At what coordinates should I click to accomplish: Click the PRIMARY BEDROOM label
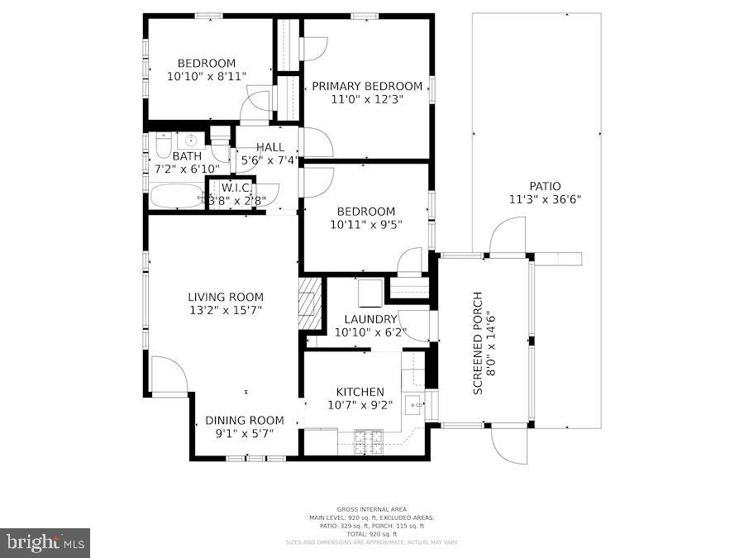[x=367, y=86]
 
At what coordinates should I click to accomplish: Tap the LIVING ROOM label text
[x=226, y=298]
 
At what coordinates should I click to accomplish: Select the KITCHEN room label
[x=360, y=392]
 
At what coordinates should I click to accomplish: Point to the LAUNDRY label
[x=371, y=319]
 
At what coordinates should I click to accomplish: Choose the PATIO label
[x=545, y=186]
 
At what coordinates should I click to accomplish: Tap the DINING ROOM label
[x=245, y=420]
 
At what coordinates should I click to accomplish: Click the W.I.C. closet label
[x=236, y=188]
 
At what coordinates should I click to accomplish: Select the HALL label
[x=269, y=147]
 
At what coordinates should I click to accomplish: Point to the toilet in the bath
[x=163, y=145]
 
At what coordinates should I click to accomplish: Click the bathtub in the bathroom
[x=176, y=198]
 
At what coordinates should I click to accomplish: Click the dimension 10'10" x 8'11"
[x=207, y=76]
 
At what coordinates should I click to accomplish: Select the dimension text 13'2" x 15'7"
[x=226, y=311]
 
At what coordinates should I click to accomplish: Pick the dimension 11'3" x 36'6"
[x=545, y=199]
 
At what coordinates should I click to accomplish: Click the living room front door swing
[x=168, y=374]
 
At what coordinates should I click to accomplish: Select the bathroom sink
[x=191, y=140]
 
